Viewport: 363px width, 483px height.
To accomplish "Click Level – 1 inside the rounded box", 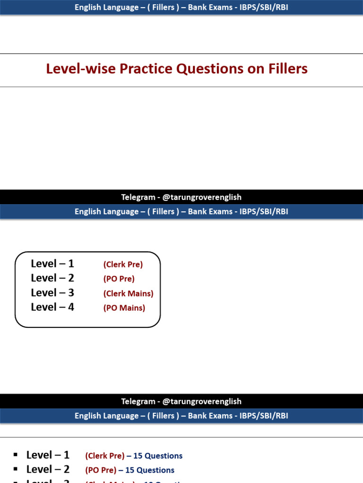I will tap(52, 264).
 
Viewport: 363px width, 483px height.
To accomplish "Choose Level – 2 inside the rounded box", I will tap(52, 278).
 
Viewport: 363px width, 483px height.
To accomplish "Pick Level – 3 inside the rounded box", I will tap(52, 292).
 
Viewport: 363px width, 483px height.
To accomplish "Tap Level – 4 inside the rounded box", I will tap(52, 307).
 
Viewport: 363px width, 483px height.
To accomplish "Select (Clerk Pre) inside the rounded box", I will tap(123, 265).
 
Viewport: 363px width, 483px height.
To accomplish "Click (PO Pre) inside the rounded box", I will tap(119, 279).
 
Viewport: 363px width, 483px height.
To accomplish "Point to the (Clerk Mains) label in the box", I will tap(129, 293).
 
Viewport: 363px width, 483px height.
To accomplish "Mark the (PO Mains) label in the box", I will tap(124, 308).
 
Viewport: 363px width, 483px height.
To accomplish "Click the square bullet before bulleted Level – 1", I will tap(16, 455).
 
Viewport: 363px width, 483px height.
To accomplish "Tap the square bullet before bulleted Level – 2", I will tap(16, 469).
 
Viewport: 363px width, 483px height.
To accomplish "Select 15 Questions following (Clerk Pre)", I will tap(158, 456).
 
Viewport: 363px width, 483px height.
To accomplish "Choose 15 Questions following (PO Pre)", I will tap(150, 470).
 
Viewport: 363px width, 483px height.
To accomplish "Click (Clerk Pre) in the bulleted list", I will tap(105, 456).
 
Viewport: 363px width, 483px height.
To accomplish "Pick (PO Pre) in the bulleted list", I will tap(101, 470).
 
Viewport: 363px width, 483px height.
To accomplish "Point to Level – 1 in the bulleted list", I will tap(48, 455).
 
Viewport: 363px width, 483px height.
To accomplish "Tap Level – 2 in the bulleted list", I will tap(48, 469).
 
